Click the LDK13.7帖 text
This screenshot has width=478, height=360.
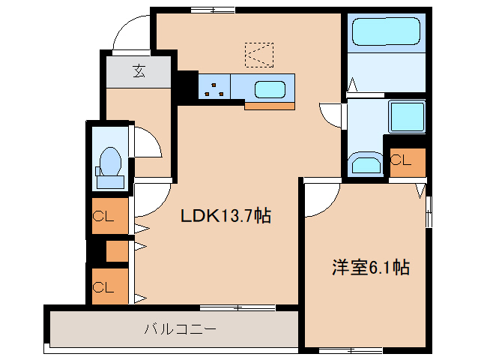coord(225,217)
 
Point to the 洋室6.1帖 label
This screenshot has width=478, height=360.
coord(371,268)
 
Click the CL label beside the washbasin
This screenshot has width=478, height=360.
coord(401,160)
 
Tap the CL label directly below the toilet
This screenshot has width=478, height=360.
coord(103,217)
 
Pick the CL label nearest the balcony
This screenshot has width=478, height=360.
coord(103,286)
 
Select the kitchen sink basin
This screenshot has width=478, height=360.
coord(270,89)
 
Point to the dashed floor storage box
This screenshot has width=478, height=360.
coord(259,52)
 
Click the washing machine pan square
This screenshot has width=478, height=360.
coord(405,116)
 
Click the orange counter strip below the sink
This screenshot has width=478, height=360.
coord(269,106)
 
